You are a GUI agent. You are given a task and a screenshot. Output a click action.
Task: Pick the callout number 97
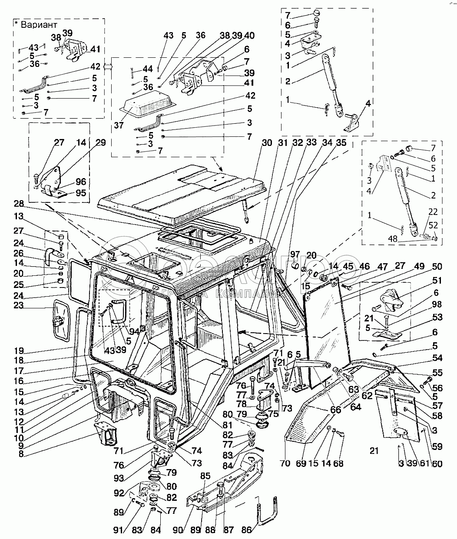(x=295, y=254)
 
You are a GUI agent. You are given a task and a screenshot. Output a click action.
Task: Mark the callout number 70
(x=285, y=463)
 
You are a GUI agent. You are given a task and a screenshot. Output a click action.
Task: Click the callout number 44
(x=148, y=69)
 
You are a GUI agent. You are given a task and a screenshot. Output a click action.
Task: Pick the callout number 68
(x=338, y=463)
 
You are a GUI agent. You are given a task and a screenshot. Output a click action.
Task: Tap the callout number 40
(x=249, y=36)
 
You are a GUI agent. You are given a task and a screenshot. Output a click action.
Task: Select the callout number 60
(x=437, y=463)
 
